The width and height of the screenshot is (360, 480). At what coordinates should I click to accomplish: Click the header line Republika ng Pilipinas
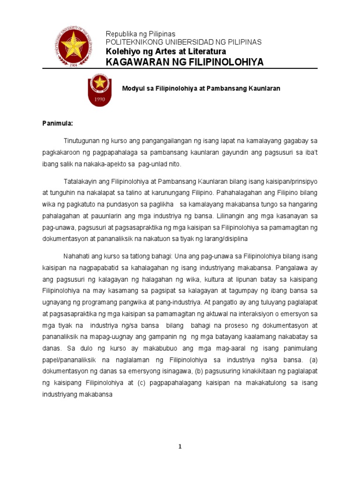coord(140,34)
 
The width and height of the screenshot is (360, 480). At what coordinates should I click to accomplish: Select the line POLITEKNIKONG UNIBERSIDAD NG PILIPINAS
coord(184,42)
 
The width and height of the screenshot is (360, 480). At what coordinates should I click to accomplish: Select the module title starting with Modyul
coord(201,88)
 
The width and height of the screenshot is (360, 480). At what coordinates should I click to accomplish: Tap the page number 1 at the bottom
coord(180,447)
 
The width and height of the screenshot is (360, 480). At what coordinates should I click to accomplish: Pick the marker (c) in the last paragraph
coord(142,383)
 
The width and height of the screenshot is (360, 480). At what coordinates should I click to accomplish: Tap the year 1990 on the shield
coord(99,99)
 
